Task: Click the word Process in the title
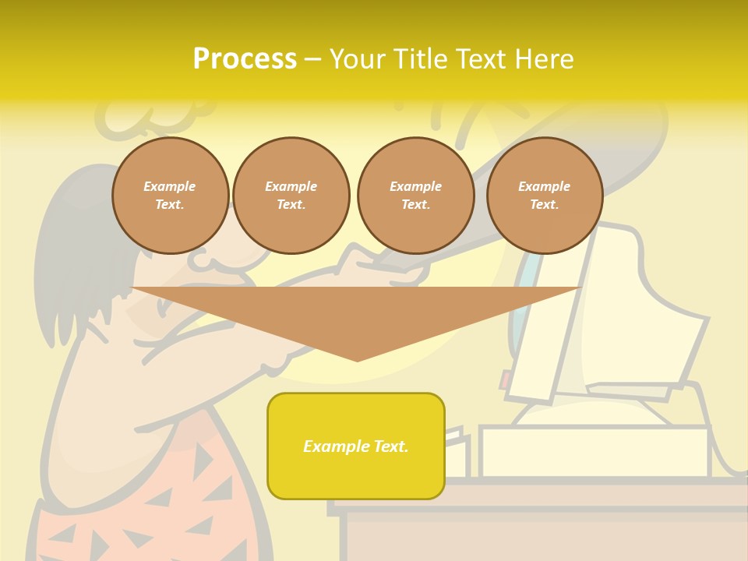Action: (245, 59)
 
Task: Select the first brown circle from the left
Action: (171, 196)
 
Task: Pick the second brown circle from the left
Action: (291, 196)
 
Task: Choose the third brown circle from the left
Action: (416, 196)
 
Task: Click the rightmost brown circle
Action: (545, 196)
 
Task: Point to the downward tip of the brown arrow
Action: (358, 359)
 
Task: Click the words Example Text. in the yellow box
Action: (356, 446)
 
